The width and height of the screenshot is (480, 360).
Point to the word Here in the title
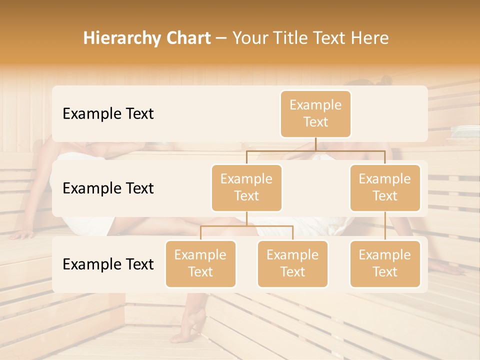tap(370, 38)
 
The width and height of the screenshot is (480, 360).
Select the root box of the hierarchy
tap(315, 113)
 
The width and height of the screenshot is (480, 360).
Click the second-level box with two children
tap(246, 187)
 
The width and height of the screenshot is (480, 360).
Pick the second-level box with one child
tap(385, 187)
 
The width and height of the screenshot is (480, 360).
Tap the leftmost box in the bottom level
tap(200, 263)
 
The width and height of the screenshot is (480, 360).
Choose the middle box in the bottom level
tap(292, 263)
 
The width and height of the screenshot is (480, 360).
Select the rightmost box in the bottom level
tap(385, 263)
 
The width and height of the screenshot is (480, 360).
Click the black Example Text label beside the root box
tap(108, 113)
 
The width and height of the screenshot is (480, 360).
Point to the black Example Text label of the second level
tap(108, 188)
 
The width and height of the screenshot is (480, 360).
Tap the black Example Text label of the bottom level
tap(108, 264)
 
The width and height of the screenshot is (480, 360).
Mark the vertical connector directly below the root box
tap(315, 144)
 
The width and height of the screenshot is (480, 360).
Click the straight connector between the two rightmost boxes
tap(385, 226)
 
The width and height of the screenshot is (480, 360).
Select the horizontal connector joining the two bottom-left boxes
tap(246, 226)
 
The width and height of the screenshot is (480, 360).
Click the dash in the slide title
tap(221, 38)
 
